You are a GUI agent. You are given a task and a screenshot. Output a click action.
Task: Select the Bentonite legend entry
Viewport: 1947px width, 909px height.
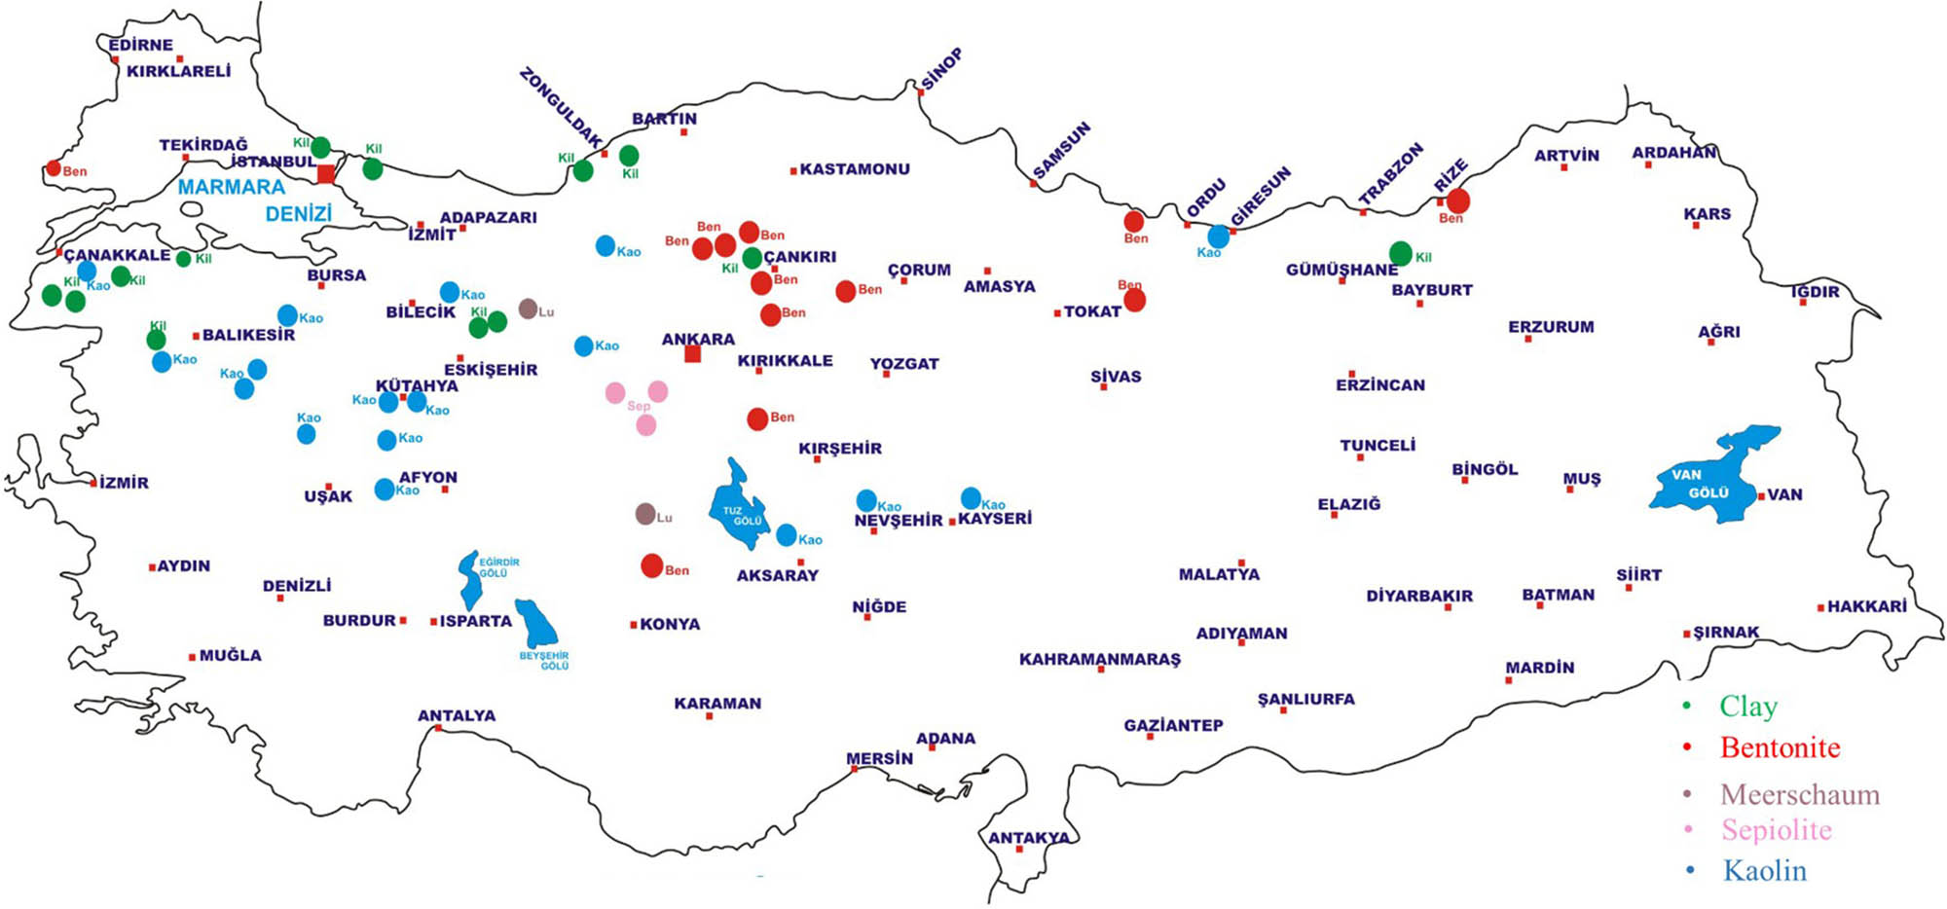[x=1780, y=747]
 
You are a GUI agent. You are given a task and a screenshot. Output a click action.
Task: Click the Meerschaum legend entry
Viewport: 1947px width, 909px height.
[x=1799, y=794]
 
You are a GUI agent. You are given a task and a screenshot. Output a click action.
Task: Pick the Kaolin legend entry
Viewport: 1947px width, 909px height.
[x=1764, y=870]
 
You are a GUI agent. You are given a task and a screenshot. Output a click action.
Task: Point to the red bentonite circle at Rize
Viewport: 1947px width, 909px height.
[x=1457, y=201]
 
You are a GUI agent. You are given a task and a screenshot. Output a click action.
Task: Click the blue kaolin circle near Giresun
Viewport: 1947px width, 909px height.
[x=1218, y=236]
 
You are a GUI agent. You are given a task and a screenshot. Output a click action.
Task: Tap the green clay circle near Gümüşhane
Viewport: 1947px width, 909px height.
[x=1400, y=254]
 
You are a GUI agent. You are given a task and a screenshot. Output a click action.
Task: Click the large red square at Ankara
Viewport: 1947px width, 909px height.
[x=692, y=354]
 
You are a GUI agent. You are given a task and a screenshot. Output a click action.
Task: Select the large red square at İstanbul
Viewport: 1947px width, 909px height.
[x=326, y=174]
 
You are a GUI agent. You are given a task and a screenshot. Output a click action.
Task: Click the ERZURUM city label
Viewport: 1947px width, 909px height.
[x=1551, y=327]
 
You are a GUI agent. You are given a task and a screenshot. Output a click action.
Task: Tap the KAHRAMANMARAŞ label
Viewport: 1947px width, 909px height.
[x=1099, y=659]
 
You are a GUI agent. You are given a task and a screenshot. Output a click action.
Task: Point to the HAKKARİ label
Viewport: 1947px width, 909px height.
[x=1866, y=606]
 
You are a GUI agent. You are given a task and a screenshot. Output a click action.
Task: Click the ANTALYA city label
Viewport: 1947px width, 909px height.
[x=457, y=715]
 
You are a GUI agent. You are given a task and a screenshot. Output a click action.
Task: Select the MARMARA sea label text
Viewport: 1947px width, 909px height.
[x=232, y=187]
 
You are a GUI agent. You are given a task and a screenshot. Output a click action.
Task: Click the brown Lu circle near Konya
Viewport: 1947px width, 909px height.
[x=644, y=514]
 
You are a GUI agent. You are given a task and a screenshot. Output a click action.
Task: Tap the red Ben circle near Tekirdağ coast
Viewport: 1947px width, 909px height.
[x=54, y=168]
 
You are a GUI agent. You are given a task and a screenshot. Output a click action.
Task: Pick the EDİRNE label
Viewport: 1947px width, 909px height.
[x=140, y=45]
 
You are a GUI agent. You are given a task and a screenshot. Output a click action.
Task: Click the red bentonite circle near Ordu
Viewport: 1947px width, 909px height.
[x=1134, y=221]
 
